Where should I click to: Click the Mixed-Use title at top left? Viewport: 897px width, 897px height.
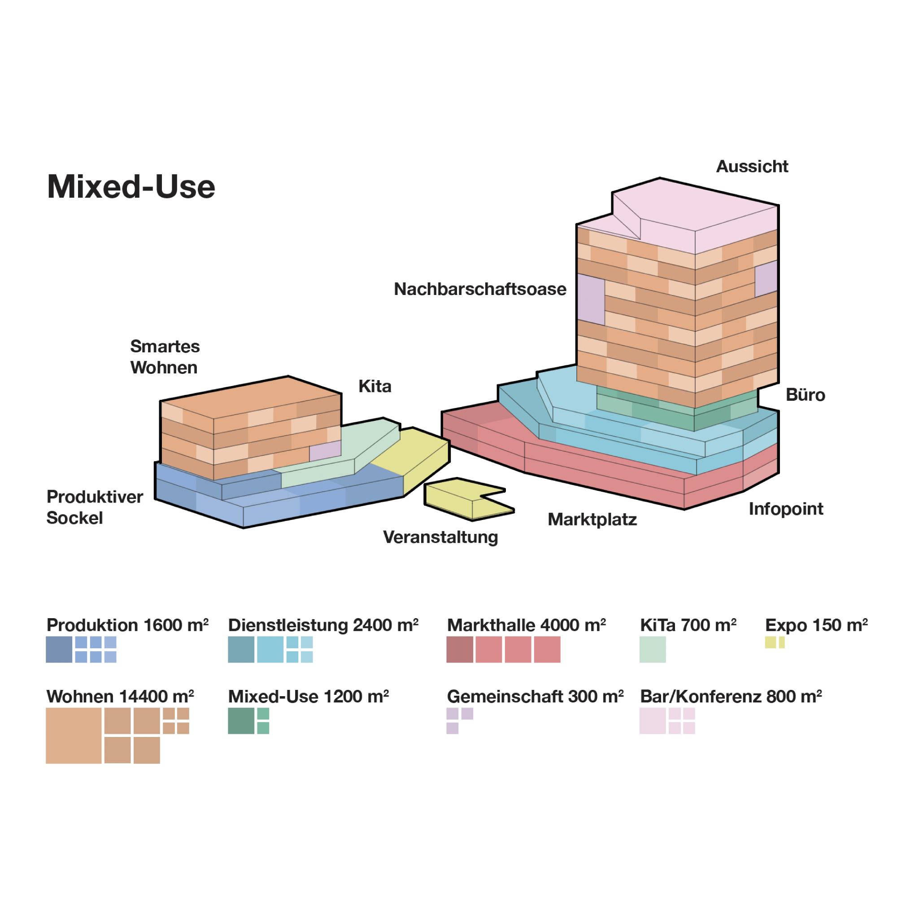pyautogui.click(x=131, y=186)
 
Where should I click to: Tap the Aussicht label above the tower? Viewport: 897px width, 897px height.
pyautogui.click(x=752, y=166)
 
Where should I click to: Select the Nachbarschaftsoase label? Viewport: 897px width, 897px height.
pyautogui.click(x=480, y=289)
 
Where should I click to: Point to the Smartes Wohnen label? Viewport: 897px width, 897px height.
pyautogui.click(x=165, y=356)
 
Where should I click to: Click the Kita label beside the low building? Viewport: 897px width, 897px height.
pyautogui.click(x=374, y=386)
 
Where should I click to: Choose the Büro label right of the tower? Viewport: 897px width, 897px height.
pyautogui.click(x=805, y=394)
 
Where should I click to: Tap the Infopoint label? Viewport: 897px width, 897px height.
pyautogui.click(x=785, y=509)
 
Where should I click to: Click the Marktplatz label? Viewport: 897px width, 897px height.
pyautogui.click(x=592, y=519)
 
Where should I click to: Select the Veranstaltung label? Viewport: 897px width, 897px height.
pyautogui.click(x=440, y=537)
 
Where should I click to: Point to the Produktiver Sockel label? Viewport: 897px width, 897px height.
pyautogui.click(x=94, y=507)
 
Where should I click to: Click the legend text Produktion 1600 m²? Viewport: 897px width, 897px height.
pyautogui.click(x=127, y=625)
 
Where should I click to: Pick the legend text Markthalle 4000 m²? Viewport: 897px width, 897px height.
pyautogui.click(x=526, y=625)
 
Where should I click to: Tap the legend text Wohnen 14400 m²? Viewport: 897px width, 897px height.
pyautogui.click(x=120, y=697)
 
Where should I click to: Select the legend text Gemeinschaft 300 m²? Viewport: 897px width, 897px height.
pyautogui.click(x=535, y=697)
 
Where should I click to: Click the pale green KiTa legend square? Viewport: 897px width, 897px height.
pyautogui.click(x=652, y=649)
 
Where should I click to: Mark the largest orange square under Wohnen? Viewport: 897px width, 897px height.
pyautogui.click(x=74, y=736)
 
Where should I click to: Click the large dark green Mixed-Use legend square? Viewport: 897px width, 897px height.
pyautogui.click(x=241, y=720)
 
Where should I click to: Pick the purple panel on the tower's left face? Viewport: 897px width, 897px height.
pyautogui.click(x=591, y=299)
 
